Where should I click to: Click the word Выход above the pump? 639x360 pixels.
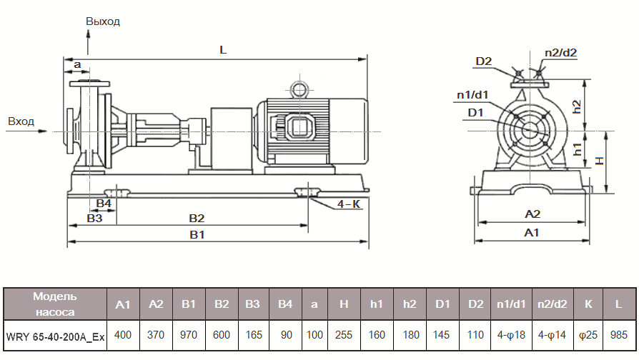tap(103, 21)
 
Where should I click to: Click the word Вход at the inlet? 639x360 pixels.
tap(21, 121)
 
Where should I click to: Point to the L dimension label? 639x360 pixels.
tap(223, 51)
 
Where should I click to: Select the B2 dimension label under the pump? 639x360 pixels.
tap(197, 218)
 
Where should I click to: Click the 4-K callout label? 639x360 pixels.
tap(349, 204)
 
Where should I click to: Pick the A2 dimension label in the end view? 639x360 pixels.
tap(532, 214)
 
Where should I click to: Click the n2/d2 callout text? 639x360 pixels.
tap(560, 52)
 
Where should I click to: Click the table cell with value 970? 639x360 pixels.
tap(189, 334)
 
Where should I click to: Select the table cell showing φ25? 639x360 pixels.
tap(588, 334)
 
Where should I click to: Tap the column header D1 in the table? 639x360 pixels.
tap(443, 304)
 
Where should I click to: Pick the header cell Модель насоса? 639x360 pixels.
tap(55, 304)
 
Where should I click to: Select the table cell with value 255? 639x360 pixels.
tap(344, 334)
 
